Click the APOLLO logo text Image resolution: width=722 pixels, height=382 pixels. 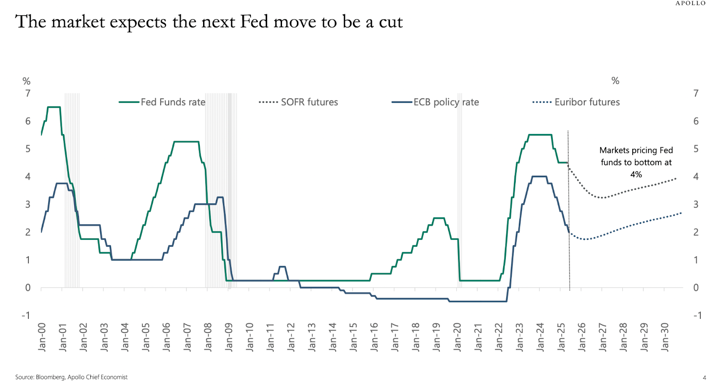(x=690, y=4)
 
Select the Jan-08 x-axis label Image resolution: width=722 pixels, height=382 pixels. (x=208, y=337)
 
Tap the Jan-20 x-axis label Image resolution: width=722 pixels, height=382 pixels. (x=457, y=337)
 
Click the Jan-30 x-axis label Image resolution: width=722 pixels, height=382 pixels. (x=665, y=337)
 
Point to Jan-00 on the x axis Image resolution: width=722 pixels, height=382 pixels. (x=42, y=337)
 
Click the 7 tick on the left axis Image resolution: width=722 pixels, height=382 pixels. (x=28, y=93)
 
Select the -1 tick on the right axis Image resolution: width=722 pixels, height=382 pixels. (x=697, y=315)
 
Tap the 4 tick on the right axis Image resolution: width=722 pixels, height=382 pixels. (x=696, y=177)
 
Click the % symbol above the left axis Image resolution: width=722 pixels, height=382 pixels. (x=27, y=81)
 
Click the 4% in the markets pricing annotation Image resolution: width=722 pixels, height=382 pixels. (x=636, y=175)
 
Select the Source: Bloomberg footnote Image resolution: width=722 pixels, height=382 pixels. (x=71, y=377)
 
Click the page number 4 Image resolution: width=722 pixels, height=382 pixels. (x=704, y=377)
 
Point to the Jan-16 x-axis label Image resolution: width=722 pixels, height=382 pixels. (x=374, y=337)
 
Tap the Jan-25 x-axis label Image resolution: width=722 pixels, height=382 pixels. (x=561, y=337)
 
